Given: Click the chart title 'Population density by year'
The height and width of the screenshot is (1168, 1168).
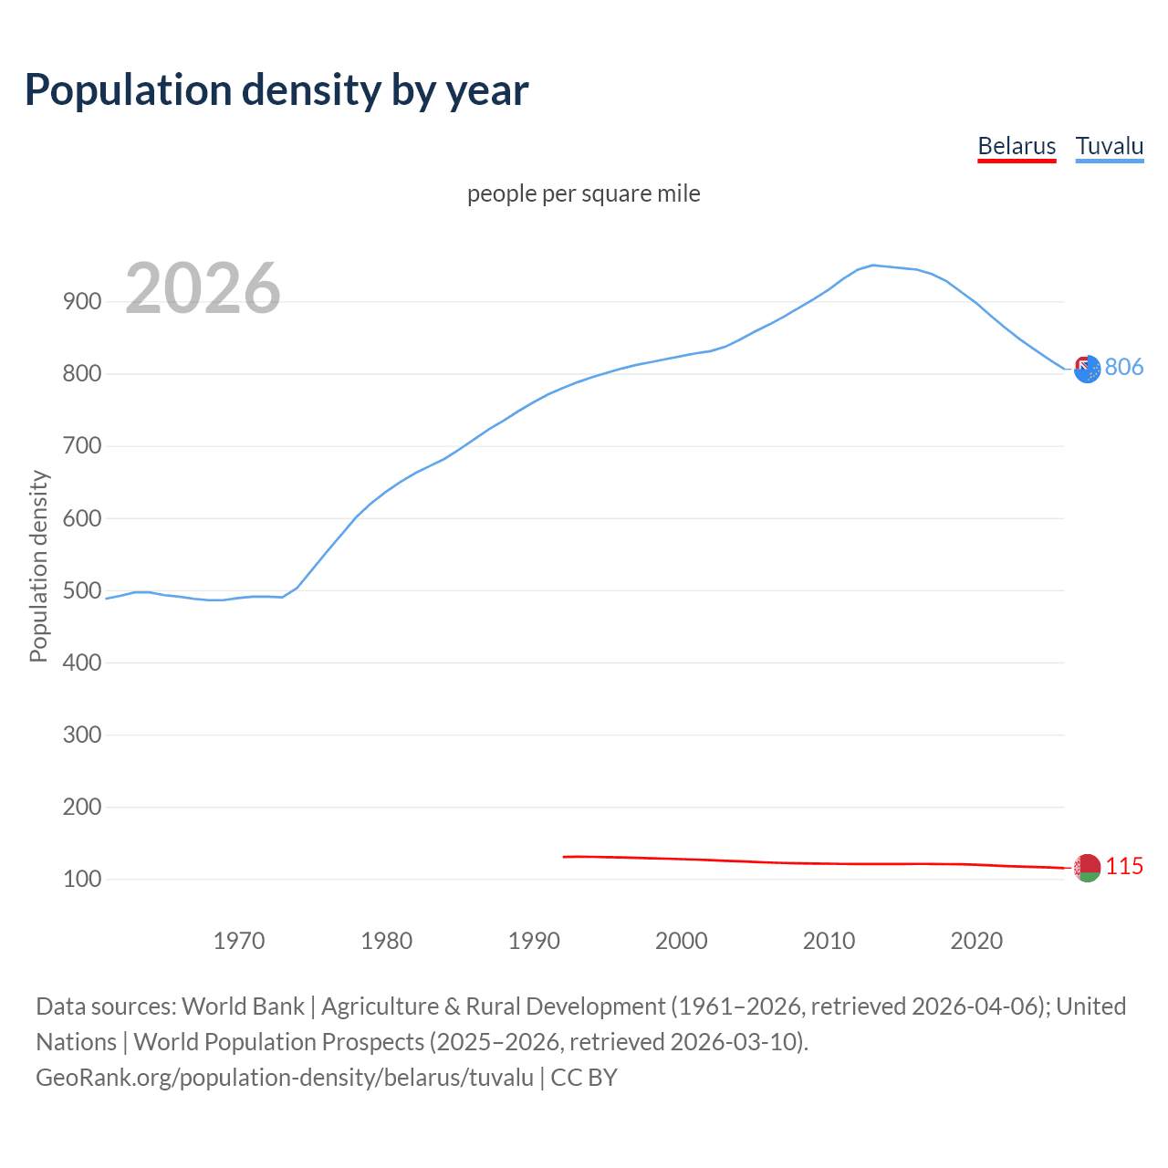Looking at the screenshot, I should pos(276,89).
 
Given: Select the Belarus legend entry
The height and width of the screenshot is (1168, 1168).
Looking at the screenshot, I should pos(1017,146).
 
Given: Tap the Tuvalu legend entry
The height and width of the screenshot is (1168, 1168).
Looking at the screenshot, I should pos(1110,146).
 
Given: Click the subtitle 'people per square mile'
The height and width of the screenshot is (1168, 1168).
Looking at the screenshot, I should pos(583,193).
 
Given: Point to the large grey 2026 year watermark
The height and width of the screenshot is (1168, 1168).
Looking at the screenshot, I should pos(203,288).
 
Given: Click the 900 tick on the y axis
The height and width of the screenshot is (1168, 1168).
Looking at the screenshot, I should pos(82,301).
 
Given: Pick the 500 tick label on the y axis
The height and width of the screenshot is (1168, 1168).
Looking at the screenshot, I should pos(82,590).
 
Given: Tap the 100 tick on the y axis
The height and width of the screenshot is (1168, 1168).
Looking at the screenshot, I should pos(82,880).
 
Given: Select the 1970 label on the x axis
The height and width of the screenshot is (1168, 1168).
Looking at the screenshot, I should pos(239,941).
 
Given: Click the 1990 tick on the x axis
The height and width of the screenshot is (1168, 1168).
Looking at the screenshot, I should pos(534,941).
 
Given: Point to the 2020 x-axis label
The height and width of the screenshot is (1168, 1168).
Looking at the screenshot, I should pos(976,941).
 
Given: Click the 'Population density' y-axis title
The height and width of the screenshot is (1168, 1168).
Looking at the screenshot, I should pos(38,566).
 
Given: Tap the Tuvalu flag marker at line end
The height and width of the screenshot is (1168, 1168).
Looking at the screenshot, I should pos(1087,370).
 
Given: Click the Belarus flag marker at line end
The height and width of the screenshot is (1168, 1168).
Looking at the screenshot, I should pos(1087,868).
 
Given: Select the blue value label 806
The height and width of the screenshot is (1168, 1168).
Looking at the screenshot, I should pos(1124,367).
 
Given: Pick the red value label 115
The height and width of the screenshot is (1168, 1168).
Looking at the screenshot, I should pos(1124,866).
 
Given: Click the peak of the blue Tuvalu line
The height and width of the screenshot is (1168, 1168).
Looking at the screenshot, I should pos(873,266).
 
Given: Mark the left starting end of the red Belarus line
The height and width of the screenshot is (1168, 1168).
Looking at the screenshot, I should pos(565,857).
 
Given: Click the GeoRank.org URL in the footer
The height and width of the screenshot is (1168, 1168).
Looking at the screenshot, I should pos(285,1078).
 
